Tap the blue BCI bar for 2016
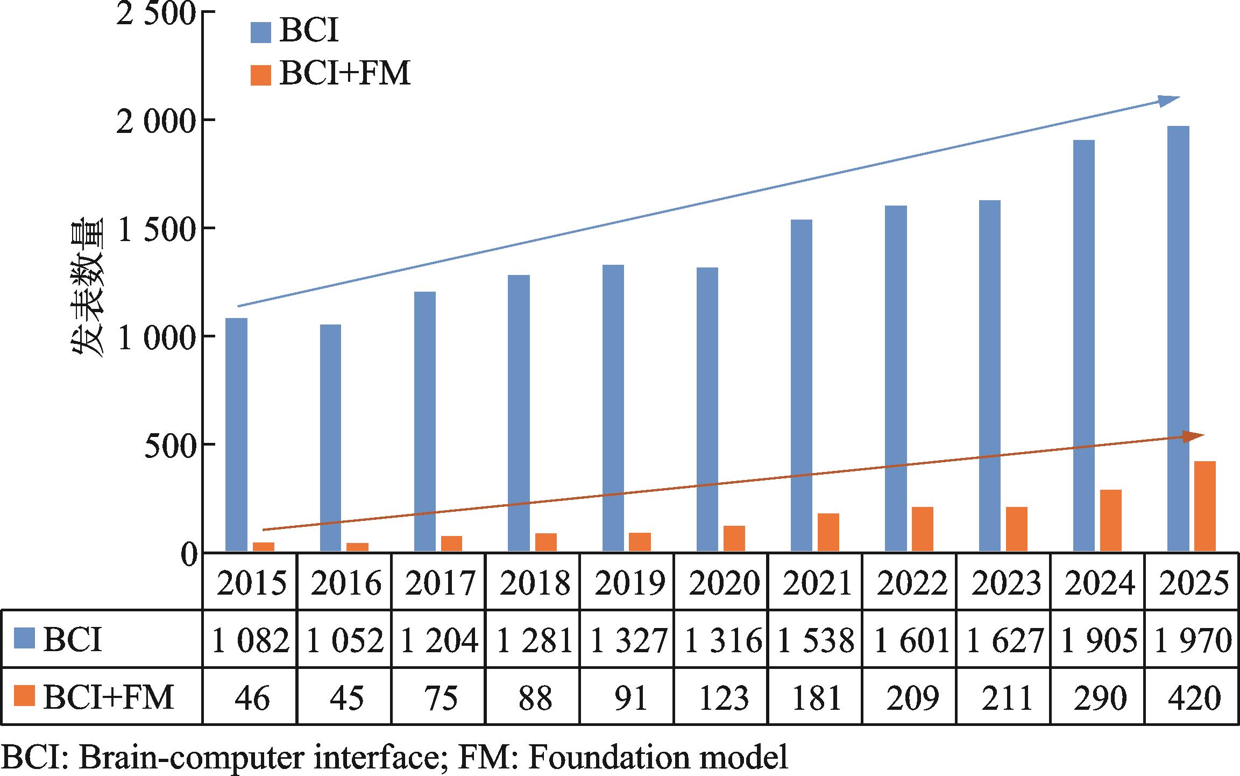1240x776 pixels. pos(330,438)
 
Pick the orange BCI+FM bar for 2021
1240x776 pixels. pos(828,532)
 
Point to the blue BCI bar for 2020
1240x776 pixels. pos(707,410)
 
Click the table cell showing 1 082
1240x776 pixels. pos(250,640)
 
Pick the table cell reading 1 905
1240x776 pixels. pos(1098,640)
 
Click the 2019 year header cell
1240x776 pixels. pos(628,583)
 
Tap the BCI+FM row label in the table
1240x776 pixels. pos(108,697)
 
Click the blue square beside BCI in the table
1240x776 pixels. pos(23,640)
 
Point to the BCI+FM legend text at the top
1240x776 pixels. pos(345,74)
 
